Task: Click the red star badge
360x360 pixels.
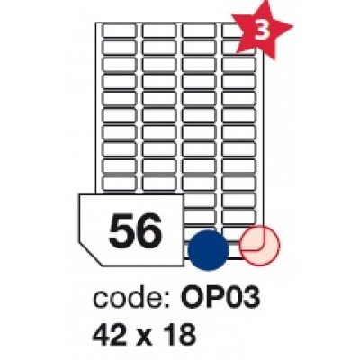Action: tap(261, 31)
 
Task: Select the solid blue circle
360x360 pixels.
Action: tap(208, 247)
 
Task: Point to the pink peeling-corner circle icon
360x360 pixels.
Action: tap(260, 246)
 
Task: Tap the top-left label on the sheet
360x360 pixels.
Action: tap(120, 31)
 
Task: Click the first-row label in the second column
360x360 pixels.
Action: tap(159, 31)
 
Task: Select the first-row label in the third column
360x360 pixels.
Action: tap(199, 31)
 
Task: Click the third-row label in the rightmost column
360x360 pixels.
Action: tap(238, 64)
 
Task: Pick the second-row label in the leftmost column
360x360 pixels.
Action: tap(120, 47)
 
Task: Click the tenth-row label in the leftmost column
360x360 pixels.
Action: tap(120, 184)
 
